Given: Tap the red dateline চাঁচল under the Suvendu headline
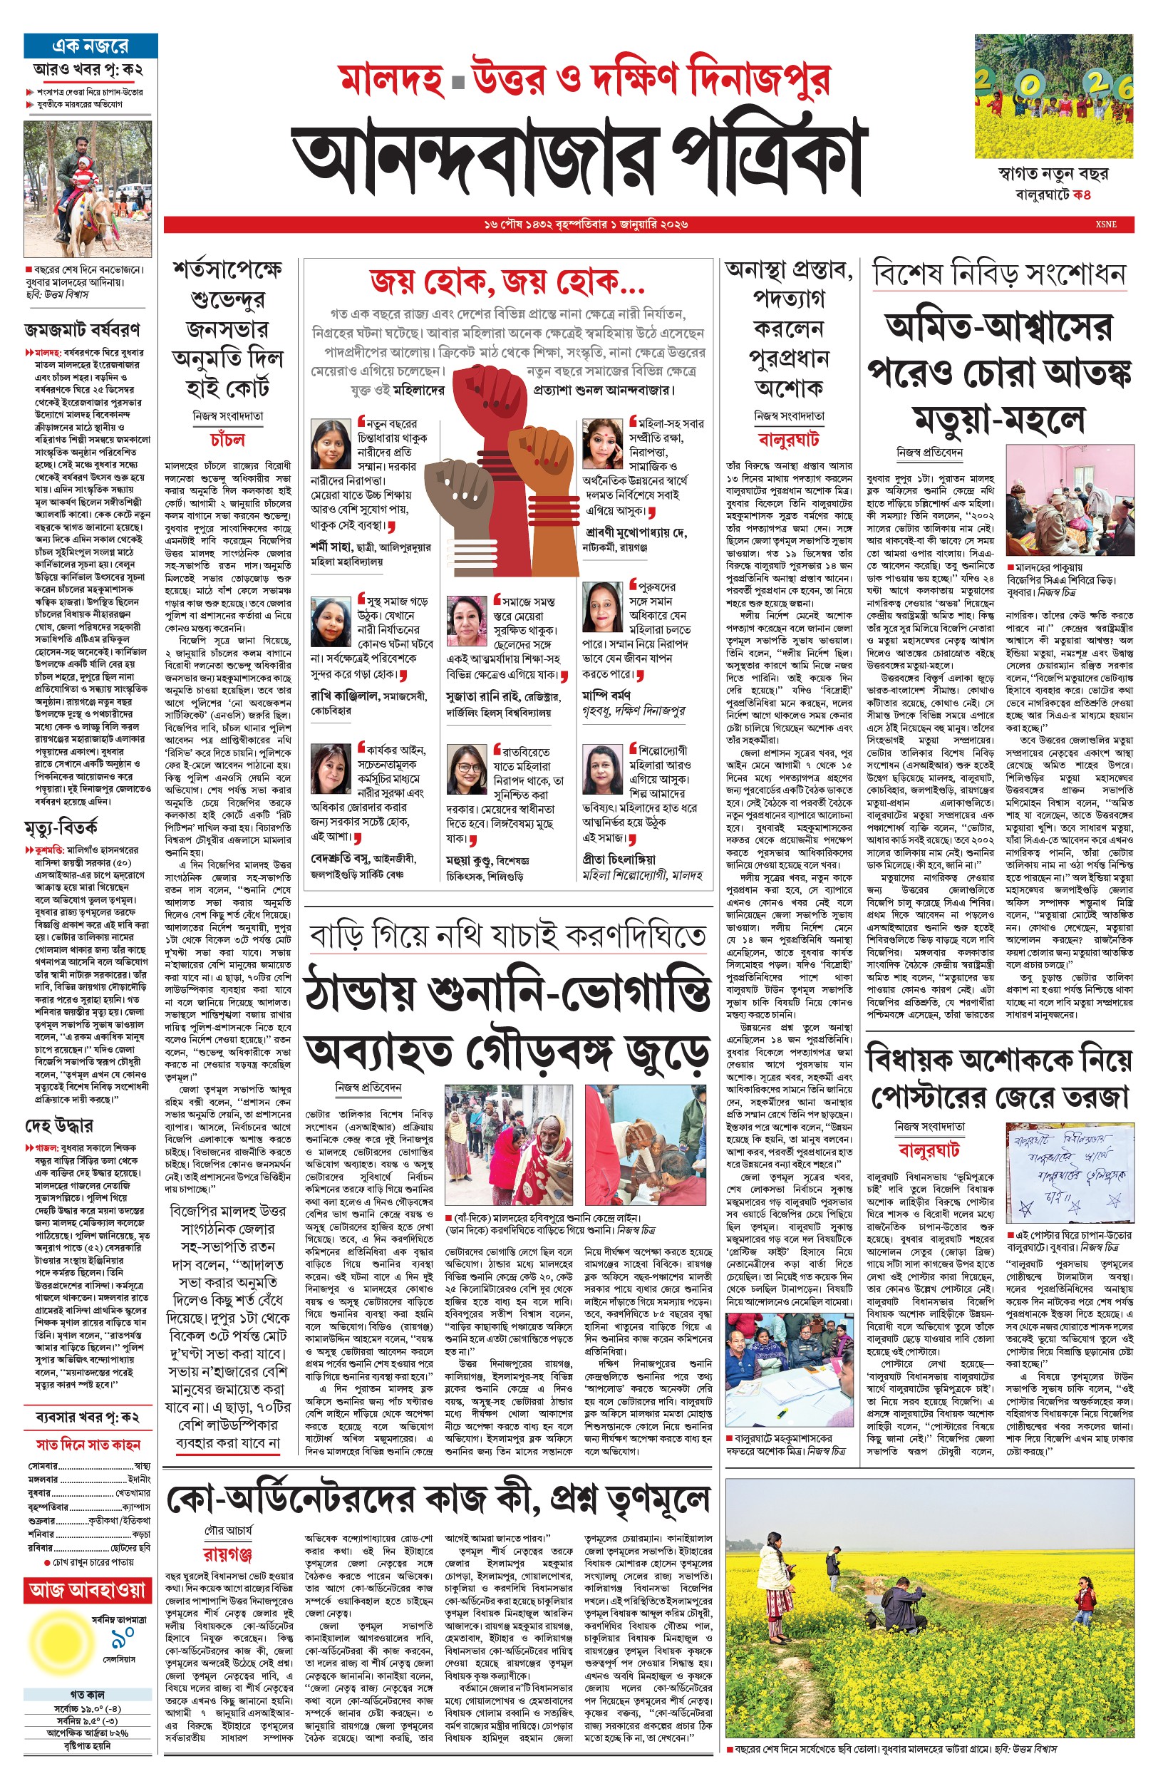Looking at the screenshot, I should coord(227,439).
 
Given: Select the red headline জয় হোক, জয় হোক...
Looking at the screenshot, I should coord(507,284).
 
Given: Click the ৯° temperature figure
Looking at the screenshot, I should coord(122,1636).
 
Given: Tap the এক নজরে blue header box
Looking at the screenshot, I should coord(91,46).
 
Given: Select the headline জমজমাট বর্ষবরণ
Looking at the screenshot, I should coord(82,329).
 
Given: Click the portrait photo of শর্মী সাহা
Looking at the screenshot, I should coord(330,445).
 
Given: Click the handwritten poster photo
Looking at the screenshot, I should coord(1068,1175).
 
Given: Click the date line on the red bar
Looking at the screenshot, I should coord(586,224).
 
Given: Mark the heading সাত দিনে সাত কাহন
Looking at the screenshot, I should coord(88,1444).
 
